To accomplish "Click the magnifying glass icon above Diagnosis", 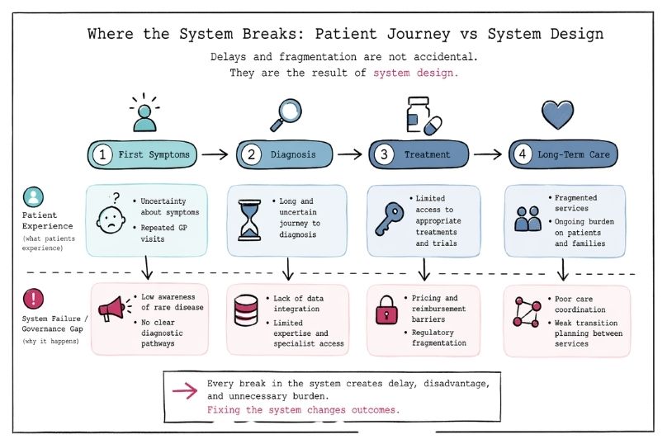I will click(x=286, y=114).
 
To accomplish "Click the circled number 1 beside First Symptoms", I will click(x=103, y=154).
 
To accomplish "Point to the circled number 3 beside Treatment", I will click(x=384, y=154).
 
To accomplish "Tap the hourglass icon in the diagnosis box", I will click(x=250, y=220).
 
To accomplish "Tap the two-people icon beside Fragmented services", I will click(x=527, y=219).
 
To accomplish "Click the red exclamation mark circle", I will click(x=35, y=298).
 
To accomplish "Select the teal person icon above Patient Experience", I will click(x=34, y=197).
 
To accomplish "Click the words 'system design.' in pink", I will click(x=415, y=73).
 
